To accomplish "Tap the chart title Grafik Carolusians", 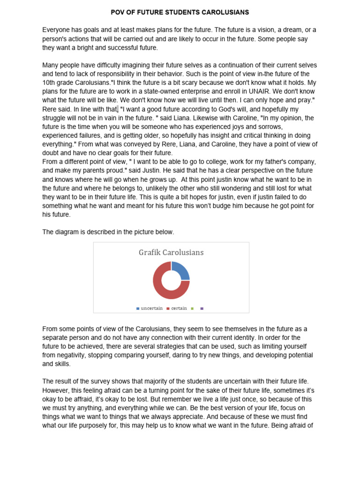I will point(171,253).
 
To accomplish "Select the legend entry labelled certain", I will point(179,308).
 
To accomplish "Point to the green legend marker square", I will point(192,308).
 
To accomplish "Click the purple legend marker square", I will point(202,308).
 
